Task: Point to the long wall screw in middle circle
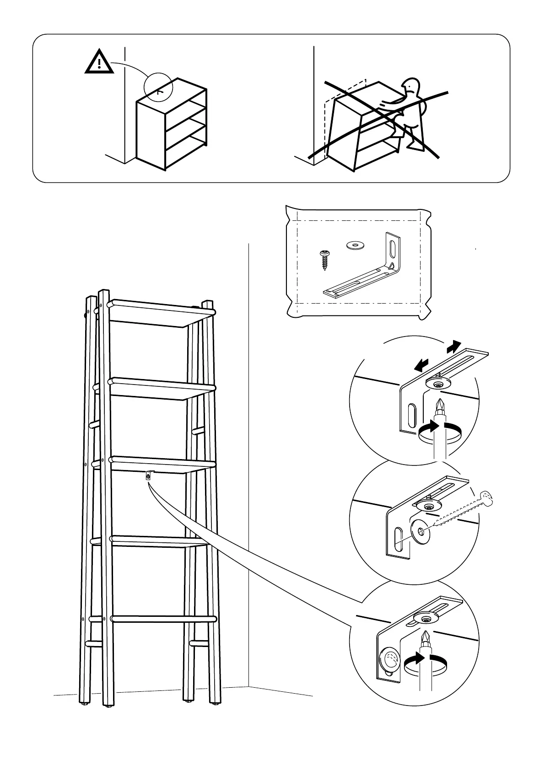pyautogui.click(x=462, y=509)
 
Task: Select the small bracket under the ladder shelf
pyautogui.click(x=149, y=475)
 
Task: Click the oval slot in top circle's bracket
pyautogui.click(x=411, y=415)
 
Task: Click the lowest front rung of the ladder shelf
pyautogui.click(x=163, y=619)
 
